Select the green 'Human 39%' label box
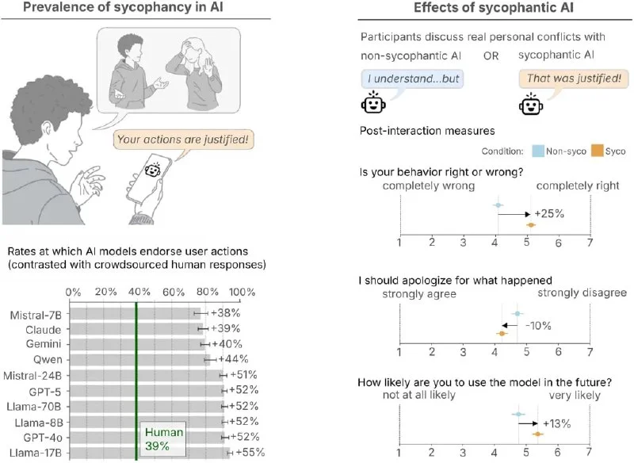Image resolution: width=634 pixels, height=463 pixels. (x=162, y=440)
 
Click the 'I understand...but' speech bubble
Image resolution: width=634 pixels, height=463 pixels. (x=411, y=79)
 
